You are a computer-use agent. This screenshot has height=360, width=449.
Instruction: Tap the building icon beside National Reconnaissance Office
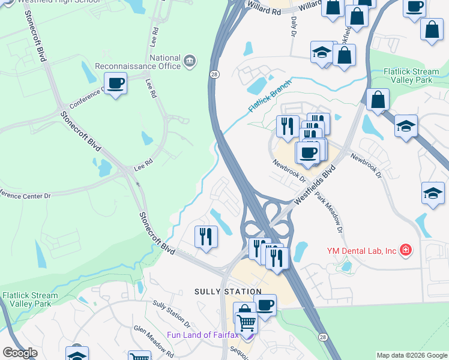tap(190, 60)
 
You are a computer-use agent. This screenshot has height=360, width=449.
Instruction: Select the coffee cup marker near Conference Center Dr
tap(115, 83)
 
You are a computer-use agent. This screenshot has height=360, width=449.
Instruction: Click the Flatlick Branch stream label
tap(270, 95)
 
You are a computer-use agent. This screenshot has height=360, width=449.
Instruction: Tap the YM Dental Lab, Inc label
tap(362, 250)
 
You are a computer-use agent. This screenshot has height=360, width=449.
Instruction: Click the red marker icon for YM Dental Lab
tap(406, 250)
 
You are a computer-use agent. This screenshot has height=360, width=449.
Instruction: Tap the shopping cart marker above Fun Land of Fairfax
tap(246, 323)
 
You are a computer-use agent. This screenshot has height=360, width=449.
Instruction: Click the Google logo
tap(20, 353)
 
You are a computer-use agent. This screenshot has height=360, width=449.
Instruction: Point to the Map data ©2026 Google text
tap(412, 355)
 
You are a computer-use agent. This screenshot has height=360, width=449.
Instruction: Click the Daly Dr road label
tap(294, 27)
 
